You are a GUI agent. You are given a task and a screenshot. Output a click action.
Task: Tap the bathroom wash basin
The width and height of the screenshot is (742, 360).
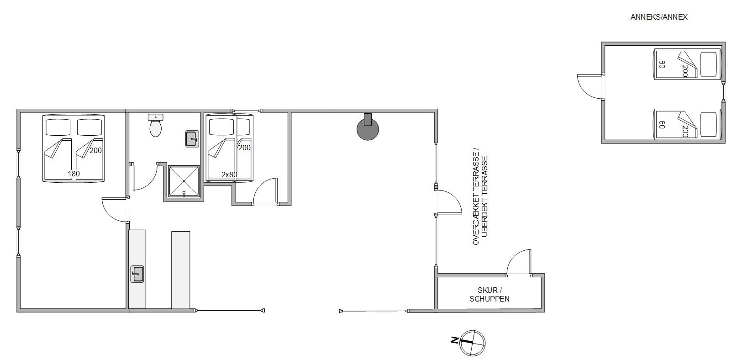click(192, 139)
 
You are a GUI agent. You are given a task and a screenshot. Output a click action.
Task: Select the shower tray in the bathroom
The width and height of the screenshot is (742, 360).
click(184, 182)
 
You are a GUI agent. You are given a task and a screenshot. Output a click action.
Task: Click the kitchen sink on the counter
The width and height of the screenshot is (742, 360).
click(137, 274)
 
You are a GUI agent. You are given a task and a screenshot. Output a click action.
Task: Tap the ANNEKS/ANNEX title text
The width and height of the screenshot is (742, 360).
click(659, 17)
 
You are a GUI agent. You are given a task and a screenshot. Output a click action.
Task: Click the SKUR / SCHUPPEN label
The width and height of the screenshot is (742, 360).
click(489, 294)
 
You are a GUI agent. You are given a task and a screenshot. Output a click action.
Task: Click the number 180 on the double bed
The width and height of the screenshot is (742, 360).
click(74, 174)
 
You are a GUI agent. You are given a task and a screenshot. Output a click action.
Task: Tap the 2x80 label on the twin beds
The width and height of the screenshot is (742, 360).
click(229, 175)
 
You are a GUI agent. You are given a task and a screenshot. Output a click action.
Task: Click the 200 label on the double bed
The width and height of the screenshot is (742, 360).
click(95, 150)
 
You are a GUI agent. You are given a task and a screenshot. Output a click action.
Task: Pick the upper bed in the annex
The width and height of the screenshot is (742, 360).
click(687, 64)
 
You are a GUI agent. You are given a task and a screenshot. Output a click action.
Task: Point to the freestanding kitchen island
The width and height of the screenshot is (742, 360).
click(180, 270)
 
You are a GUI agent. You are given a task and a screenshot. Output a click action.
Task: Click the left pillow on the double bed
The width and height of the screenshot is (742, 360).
click(58, 127)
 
